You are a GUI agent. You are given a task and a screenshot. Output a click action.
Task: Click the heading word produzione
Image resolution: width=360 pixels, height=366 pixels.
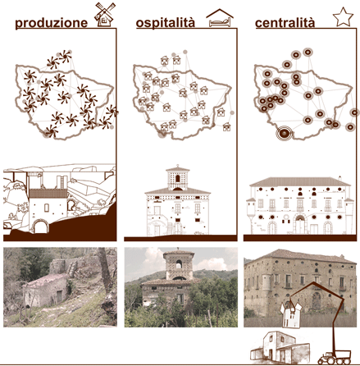tap(52, 23)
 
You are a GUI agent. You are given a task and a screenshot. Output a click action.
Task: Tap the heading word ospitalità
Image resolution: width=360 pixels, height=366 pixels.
tap(166, 23)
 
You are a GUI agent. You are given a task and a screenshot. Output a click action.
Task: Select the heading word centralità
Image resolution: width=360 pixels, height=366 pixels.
tap(285, 23)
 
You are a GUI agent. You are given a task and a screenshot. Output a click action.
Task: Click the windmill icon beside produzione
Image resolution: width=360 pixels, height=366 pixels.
tap(105, 15)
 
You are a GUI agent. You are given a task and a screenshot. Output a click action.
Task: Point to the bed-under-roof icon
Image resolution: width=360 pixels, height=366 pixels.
tap(220, 18)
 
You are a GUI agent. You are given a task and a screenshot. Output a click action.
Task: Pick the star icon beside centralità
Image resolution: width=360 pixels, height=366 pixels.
tap(344, 17)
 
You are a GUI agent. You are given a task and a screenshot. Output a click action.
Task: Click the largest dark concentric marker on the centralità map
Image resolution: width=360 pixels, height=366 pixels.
tap(285, 134)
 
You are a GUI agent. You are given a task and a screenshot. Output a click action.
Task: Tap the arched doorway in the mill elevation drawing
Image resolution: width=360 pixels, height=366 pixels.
tap(40, 226)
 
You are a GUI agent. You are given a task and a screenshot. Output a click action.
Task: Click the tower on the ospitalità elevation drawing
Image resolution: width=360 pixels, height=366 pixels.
tap(178, 178)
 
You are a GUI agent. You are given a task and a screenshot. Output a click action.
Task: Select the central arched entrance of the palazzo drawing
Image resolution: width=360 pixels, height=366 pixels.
tap(300, 223)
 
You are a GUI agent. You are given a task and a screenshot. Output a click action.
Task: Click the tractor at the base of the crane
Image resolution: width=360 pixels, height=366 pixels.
tap(335, 357)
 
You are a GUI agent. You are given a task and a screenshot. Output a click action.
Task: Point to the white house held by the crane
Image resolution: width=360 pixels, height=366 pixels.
tap(291, 315)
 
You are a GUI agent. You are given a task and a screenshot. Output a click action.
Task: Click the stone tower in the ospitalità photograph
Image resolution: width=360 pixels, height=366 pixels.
tap(179, 265)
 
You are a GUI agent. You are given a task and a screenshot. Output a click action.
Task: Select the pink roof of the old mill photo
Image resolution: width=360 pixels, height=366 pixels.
tap(46, 280)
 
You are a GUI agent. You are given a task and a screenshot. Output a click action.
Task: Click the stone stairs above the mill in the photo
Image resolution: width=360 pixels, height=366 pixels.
tap(72, 268)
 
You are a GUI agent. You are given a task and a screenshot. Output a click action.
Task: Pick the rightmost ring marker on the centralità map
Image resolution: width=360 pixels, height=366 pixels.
tap(355, 112)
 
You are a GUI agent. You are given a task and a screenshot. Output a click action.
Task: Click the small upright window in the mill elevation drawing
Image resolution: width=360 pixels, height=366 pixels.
tap(47, 208)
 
